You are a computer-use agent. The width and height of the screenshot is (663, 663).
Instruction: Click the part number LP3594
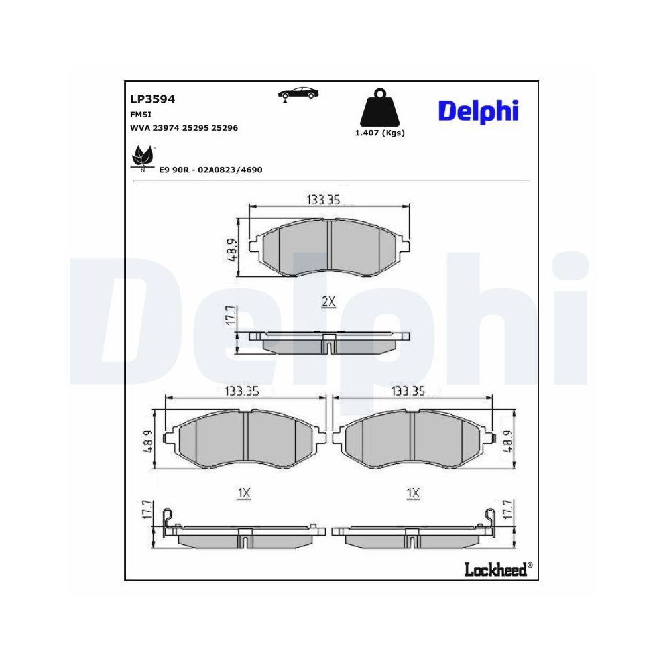tap(152, 99)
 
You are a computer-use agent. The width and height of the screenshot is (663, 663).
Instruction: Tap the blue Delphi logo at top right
tap(477, 111)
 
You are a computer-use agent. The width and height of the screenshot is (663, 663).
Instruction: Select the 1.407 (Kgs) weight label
tap(380, 133)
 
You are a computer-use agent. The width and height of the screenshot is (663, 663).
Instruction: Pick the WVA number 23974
tap(166, 128)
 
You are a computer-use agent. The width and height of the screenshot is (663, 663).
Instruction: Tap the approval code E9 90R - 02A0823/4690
tap(211, 170)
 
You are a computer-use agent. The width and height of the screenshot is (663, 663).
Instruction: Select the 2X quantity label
tap(329, 302)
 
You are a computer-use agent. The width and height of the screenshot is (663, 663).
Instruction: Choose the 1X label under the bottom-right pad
tap(414, 493)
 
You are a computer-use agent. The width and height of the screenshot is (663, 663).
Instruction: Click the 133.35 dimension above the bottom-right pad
tap(407, 391)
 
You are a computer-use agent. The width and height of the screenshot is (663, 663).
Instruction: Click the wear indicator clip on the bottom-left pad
tap(169, 518)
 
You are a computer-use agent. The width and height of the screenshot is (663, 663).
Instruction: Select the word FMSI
tap(141, 114)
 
